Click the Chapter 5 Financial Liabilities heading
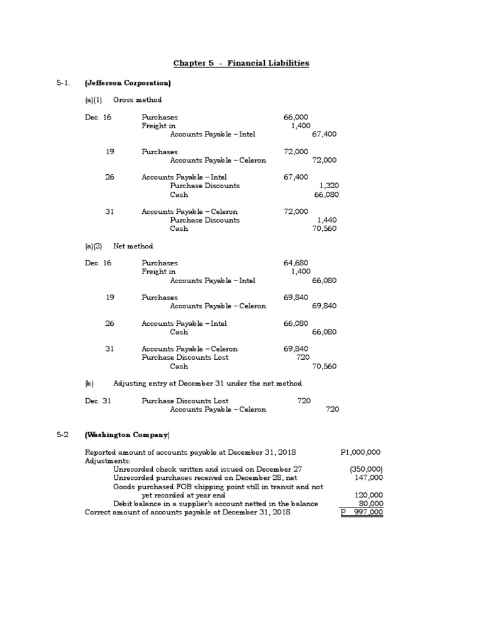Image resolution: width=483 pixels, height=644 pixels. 241,63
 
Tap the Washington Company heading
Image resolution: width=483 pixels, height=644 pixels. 128,435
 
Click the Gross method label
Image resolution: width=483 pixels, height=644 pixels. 137,100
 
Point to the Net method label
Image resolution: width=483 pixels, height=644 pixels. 133,246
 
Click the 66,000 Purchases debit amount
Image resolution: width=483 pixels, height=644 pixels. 296,117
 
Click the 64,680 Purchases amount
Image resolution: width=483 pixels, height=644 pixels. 296,263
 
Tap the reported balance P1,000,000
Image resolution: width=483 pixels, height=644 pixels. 360,452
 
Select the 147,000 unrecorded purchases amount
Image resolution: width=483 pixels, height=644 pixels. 369,477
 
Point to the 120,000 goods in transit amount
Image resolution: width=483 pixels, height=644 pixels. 369,495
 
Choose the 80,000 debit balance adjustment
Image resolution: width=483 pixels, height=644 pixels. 370,504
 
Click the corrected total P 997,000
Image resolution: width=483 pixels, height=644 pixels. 362,513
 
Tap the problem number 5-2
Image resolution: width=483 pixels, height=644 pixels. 62,435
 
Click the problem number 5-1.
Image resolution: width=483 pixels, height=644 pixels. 62,83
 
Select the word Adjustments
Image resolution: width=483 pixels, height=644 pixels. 104,460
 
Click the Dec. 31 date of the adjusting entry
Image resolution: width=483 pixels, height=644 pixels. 98,401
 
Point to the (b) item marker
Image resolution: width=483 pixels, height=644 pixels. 89,383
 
